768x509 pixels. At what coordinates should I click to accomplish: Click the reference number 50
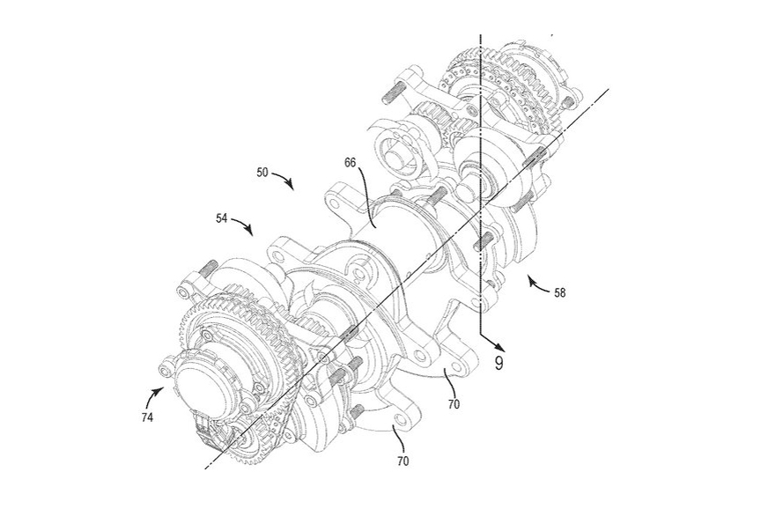pyautogui.click(x=263, y=173)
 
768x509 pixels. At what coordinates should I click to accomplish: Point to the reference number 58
pyautogui.click(x=559, y=292)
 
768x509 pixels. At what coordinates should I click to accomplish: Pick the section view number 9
pyautogui.click(x=498, y=362)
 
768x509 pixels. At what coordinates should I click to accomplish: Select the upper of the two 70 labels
pyautogui.click(x=454, y=404)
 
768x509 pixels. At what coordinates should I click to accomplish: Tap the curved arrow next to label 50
pyautogui.click(x=284, y=181)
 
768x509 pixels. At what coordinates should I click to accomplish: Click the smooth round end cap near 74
pyautogui.click(x=203, y=384)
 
